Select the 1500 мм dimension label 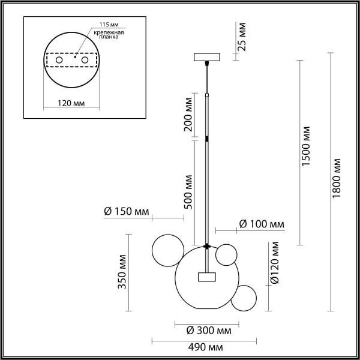tap(307, 147)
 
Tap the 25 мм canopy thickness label tap(242, 37)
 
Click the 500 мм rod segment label tap(188, 191)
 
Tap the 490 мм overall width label tap(205, 347)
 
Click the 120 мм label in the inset tap(71, 103)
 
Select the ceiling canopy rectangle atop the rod tap(207, 58)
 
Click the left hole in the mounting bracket tap(59, 61)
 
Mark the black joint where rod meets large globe tap(207, 246)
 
